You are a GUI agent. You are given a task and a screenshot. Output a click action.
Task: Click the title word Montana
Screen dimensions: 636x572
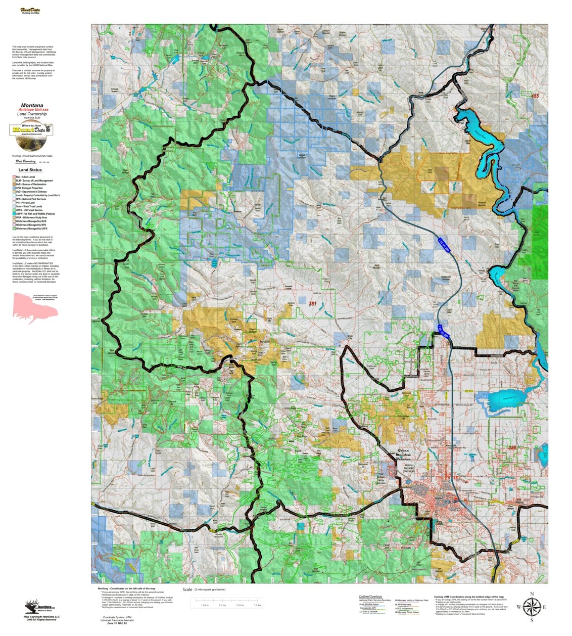click(x=32, y=106)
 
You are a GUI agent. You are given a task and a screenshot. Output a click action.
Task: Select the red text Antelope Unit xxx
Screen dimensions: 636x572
click(x=33, y=110)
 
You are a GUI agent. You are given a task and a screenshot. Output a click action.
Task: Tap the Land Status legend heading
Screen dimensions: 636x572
click(x=30, y=170)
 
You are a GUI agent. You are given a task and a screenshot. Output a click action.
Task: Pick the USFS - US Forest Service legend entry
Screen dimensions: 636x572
click(x=28, y=210)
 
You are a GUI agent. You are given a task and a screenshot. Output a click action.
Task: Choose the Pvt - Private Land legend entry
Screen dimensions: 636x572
click(x=25, y=203)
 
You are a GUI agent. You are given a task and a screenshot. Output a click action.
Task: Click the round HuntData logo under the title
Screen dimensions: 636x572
click(x=31, y=129)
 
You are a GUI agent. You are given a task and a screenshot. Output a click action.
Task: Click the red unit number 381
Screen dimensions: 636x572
click(x=313, y=303)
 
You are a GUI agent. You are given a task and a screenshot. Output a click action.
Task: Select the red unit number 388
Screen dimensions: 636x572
click(x=512, y=447)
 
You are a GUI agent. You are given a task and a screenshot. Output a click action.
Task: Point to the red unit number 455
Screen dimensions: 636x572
click(x=535, y=96)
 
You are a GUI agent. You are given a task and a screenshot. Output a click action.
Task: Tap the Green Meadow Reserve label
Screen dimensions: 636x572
click(x=403, y=455)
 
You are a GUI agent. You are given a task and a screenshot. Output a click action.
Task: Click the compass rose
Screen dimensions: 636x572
click(x=531, y=607)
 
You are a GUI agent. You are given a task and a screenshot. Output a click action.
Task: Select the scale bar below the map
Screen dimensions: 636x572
click(x=225, y=602)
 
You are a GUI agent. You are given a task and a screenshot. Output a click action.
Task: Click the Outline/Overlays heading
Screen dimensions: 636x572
click(x=370, y=597)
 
